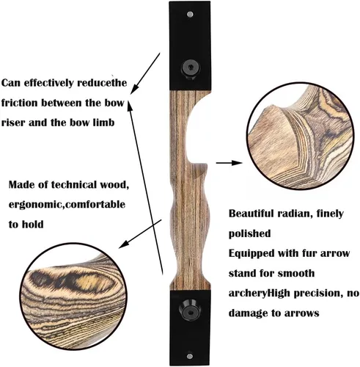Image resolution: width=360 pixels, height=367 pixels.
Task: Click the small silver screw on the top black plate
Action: click(190, 15)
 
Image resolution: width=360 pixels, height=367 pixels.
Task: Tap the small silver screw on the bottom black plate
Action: click(190, 356)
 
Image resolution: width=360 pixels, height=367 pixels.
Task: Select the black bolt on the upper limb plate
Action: click(191, 68)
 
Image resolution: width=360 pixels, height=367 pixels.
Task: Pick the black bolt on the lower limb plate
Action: click(190, 310)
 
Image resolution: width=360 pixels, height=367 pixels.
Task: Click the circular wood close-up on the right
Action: click(300, 136)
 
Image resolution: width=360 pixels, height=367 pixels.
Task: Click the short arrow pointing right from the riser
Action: click(229, 163)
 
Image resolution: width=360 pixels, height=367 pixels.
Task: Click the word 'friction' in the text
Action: click(19, 103)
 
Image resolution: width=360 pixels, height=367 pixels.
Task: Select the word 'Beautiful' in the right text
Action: click(251, 214)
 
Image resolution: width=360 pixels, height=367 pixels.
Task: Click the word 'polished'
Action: click(250, 233)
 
